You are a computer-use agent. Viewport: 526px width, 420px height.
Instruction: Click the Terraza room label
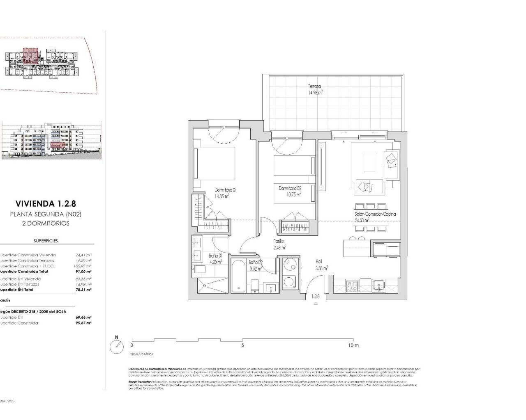(x=315, y=87)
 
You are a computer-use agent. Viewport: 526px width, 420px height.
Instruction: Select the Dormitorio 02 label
(x=290, y=188)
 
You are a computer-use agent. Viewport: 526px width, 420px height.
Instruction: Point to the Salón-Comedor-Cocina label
(x=375, y=214)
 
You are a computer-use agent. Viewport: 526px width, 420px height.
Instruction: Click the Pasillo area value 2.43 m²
(x=279, y=247)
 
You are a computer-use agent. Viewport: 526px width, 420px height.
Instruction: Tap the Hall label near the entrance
(x=319, y=261)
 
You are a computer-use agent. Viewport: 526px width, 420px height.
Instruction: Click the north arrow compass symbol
(x=117, y=347)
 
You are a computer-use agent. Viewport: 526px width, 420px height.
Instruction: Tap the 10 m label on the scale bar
(x=353, y=345)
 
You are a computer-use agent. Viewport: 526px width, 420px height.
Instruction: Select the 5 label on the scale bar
(x=243, y=345)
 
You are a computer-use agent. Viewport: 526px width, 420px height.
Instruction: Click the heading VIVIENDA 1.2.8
(x=46, y=203)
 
